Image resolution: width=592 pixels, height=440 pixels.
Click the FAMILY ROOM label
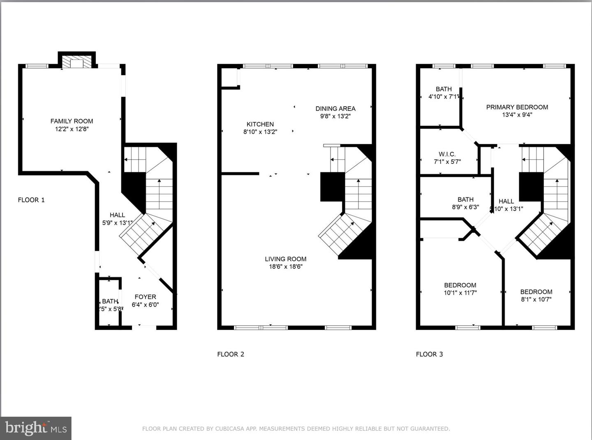72,121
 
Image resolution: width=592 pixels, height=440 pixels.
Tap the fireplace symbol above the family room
76,62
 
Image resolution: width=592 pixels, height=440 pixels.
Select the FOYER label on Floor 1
145,297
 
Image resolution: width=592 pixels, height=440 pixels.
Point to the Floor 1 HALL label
117,215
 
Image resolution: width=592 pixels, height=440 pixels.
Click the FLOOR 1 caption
31,200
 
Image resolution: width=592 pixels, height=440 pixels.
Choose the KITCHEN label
260,124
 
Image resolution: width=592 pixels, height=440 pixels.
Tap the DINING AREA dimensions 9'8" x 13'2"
335,116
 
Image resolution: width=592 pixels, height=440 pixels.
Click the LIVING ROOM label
285,259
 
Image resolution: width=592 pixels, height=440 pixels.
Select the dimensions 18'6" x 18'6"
285,267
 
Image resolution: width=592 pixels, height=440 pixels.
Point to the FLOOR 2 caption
231,354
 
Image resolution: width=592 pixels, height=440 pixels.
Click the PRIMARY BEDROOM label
517,107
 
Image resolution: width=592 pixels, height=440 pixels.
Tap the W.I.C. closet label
447,154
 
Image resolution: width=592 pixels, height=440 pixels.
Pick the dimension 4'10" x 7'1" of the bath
444,97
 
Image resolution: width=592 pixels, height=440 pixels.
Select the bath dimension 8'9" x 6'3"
465,207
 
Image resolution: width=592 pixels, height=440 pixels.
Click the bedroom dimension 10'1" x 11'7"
460,293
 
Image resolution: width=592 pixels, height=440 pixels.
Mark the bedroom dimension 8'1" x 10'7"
536,300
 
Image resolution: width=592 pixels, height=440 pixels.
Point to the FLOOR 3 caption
429,354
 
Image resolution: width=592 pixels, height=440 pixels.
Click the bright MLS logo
36,429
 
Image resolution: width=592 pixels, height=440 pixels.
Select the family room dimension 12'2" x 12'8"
72,129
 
